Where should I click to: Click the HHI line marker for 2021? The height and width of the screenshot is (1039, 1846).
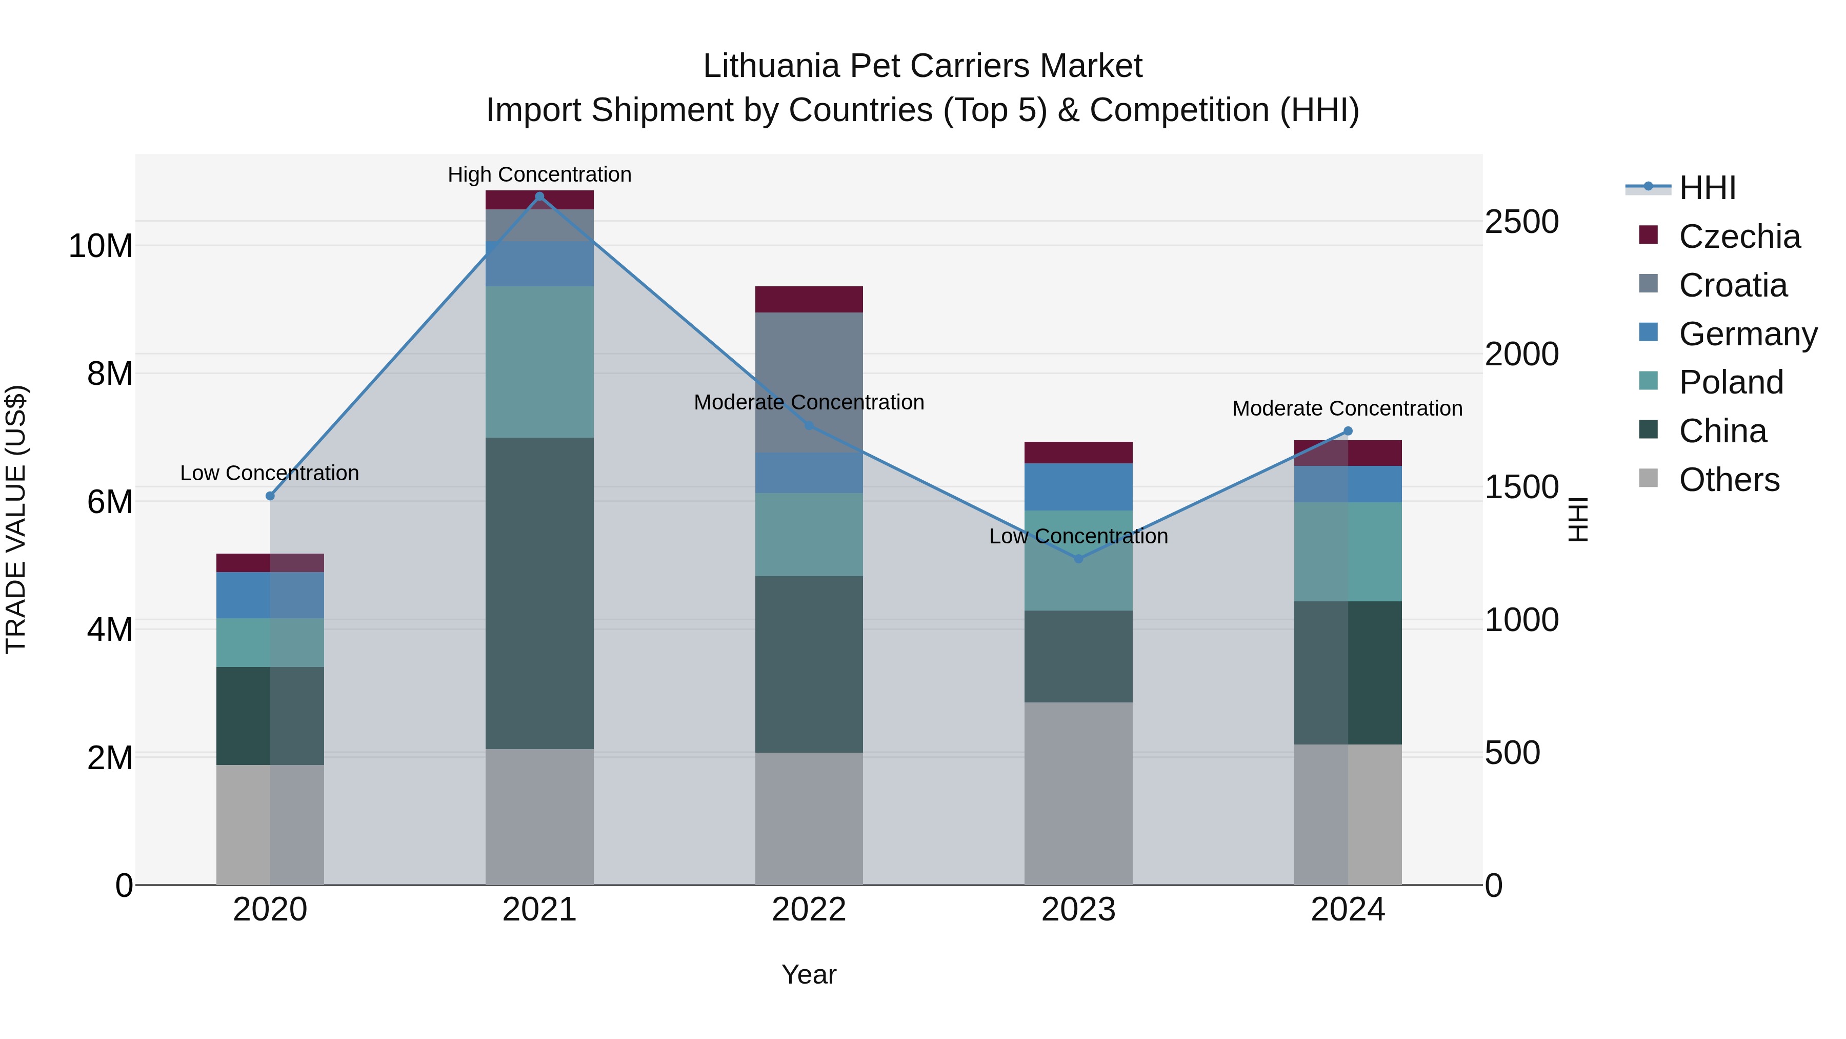[539, 197]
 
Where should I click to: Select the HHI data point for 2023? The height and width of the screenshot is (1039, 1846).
[1078, 559]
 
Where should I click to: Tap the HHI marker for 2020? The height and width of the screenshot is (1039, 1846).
[270, 496]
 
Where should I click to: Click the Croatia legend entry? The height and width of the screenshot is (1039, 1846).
[1732, 285]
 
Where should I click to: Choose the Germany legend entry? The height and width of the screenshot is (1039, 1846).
[1747, 334]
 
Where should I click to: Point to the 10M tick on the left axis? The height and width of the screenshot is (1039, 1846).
[101, 246]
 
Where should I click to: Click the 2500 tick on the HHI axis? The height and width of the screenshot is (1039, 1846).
[1521, 222]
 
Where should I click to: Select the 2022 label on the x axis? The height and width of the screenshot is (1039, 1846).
[809, 910]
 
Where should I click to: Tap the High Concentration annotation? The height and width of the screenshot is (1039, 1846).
[539, 174]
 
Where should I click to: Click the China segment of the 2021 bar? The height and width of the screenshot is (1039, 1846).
[539, 593]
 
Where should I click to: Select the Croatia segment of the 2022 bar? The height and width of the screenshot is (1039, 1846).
[809, 382]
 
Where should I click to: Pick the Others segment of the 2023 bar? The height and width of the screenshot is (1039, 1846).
[1078, 793]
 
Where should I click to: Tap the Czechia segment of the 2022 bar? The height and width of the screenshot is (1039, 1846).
[809, 299]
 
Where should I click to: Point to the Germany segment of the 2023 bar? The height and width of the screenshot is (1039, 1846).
[1078, 487]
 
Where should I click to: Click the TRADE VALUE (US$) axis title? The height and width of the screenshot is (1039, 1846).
[16, 519]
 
